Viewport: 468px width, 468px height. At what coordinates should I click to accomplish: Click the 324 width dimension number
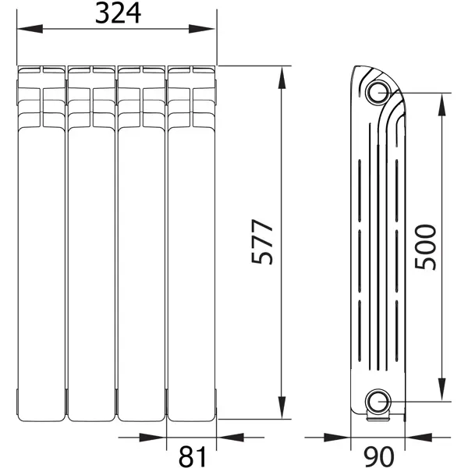pyautogui.click(x=118, y=14)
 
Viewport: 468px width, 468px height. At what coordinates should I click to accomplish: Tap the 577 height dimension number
pyautogui.click(x=262, y=242)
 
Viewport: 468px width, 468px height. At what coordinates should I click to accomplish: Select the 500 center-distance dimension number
pyautogui.click(x=425, y=246)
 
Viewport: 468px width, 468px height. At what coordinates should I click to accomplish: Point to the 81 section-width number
pyautogui.click(x=192, y=456)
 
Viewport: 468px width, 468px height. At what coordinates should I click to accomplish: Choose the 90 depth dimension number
pyautogui.click(x=379, y=456)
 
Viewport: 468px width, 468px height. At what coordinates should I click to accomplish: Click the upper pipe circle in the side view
pyautogui.click(x=378, y=92)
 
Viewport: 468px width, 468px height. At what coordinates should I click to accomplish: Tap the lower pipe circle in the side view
pyautogui.click(x=378, y=402)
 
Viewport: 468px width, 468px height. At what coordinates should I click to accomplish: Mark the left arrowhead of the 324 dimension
pyautogui.click(x=30, y=29)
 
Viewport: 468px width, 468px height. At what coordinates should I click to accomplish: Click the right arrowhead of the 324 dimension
pyautogui.click(x=202, y=29)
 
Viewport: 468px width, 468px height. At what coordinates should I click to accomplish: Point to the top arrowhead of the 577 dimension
pyautogui.click(x=282, y=78)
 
